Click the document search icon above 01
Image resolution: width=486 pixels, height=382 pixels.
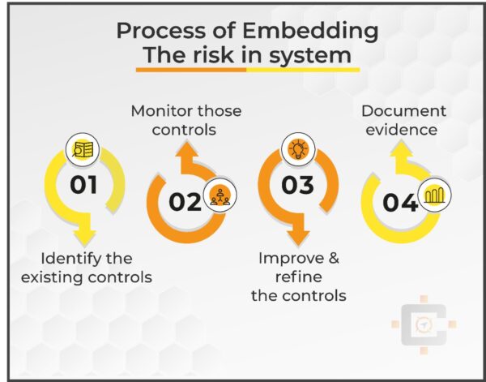coord(83,149)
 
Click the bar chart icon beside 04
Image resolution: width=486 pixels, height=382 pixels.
coord(434,195)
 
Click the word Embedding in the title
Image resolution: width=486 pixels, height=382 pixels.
coord(307,32)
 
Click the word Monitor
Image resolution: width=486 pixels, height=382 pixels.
coord(164,110)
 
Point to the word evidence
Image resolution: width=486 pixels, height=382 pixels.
coord(399,129)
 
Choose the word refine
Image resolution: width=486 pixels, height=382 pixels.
coord(298,277)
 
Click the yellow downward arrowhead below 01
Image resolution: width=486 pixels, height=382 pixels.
coord(83,237)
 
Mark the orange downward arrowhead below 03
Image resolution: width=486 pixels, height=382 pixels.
coord(297,237)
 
